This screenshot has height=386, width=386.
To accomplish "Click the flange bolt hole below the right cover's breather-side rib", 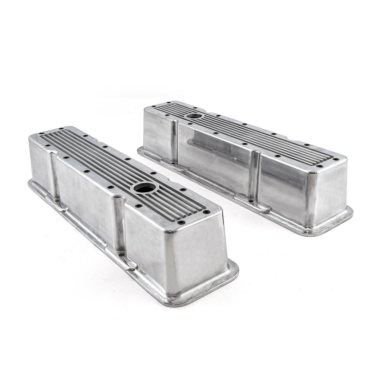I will coord(173,163).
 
